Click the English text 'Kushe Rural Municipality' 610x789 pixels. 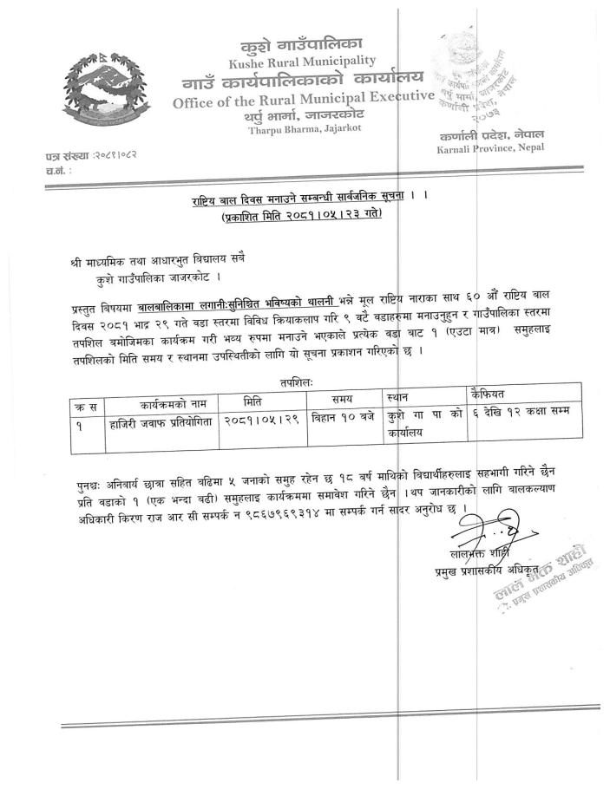pos(302,61)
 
